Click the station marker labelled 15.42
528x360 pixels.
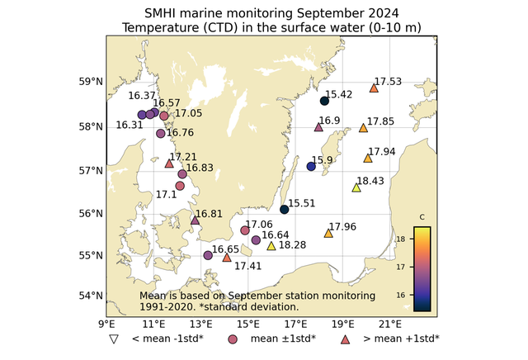point(324,101)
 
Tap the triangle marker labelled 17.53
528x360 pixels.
point(374,88)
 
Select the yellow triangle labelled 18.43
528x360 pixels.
point(356,187)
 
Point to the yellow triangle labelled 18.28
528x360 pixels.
point(271,245)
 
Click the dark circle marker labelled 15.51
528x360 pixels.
point(285,210)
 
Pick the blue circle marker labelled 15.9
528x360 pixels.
point(311,167)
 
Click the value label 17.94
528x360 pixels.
point(382,152)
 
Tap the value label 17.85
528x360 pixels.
point(380,122)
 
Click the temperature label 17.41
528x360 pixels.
point(247,266)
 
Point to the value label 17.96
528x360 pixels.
point(342,227)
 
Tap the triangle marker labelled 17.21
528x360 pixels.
point(169,163)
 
